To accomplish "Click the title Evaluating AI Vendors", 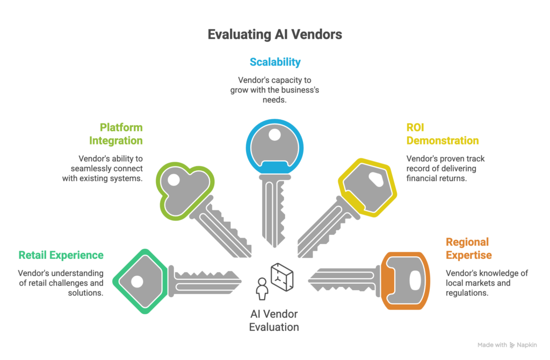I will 274,35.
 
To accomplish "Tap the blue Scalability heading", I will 274,62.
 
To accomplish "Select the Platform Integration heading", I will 116,134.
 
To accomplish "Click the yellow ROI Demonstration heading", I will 442,134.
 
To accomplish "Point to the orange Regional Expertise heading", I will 468,248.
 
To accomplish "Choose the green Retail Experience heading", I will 61,255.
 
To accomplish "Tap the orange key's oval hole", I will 415,280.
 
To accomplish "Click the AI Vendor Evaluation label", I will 274,320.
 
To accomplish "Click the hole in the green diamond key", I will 137,281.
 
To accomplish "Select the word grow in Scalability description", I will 239,90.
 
